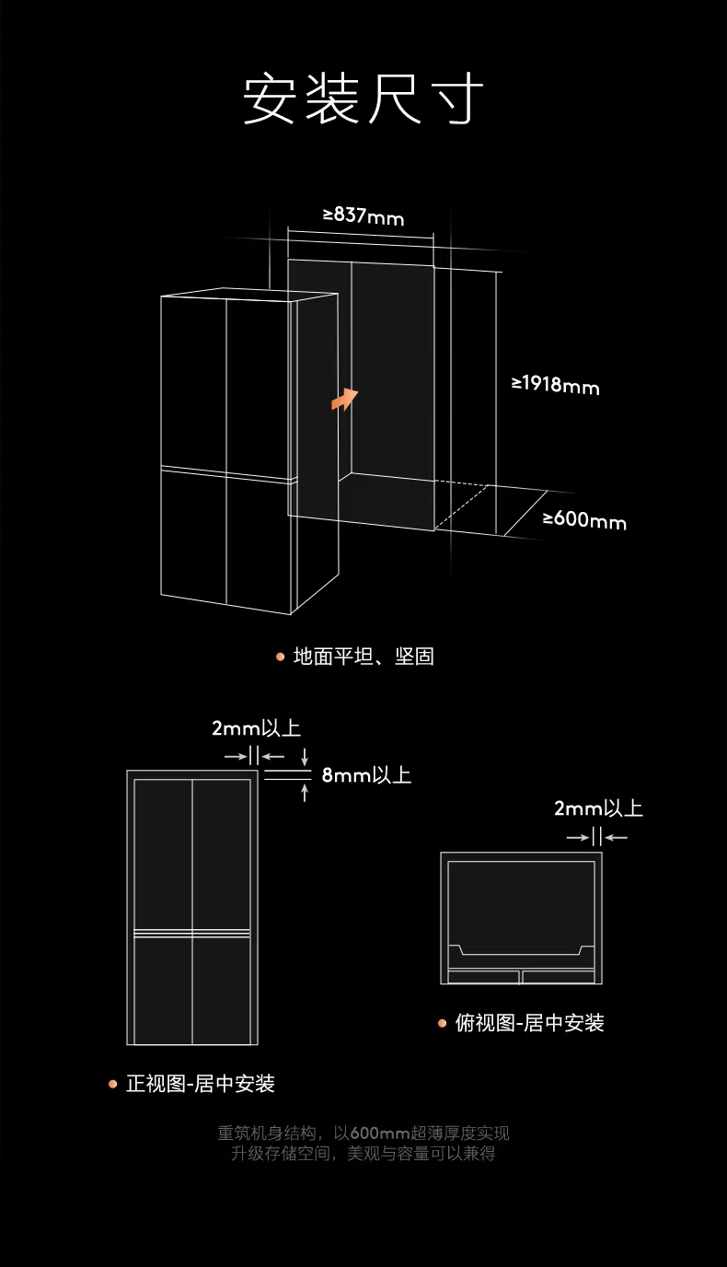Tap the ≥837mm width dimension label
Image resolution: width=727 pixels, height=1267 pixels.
[x=363, y=216]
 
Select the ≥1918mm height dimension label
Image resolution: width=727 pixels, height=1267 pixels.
[x=555, y=384]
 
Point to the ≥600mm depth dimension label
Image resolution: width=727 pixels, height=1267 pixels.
[x=583, y=520]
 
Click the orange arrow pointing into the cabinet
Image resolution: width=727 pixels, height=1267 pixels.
[x=345, y=399]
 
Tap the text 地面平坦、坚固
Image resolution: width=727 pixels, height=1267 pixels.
[x=363, y=657]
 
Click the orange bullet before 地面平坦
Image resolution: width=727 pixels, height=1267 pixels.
[x=281, y=657]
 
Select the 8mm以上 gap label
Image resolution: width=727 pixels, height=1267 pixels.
[x=366, y=775]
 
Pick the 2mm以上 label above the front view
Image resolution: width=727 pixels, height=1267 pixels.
[x=256, y=728]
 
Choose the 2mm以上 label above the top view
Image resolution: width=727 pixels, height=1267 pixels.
[x=598, y=808]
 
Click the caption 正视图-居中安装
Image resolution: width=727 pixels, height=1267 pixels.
[x=201, y=1084]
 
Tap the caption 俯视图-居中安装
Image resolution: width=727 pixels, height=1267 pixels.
[x=530, y=1023]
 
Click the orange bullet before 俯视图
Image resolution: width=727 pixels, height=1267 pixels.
[x=443, y=1023]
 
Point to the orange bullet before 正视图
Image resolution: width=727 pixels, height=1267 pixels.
[x=113, y=1084]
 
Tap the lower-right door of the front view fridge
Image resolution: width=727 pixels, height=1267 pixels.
[x=222, y=990]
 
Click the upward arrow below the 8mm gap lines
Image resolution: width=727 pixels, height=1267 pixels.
[x=305, y=792]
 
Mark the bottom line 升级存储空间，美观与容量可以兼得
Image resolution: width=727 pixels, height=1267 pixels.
[x=363, y=1154]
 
